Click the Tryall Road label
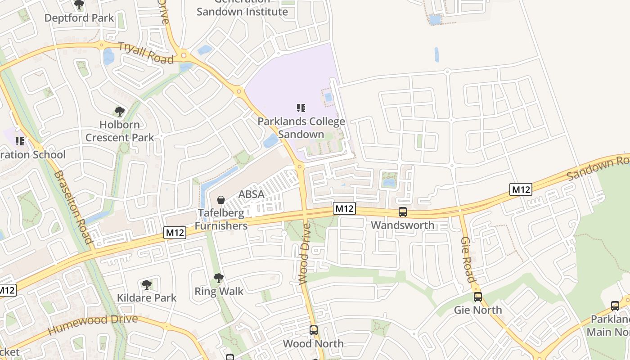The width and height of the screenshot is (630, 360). (x=145, y=53)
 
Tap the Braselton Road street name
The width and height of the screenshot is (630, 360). (x=73, y=207)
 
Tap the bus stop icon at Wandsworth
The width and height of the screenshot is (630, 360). (x=403, y=211)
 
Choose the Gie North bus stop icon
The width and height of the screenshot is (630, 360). (x=477, y=297)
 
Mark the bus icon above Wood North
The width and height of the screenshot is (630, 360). (x=314, y=330)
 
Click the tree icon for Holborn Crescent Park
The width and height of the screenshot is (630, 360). (x=119, y=111)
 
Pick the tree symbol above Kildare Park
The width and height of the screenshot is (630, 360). (x=146, y=284)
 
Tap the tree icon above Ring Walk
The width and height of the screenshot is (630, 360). (x=219, y=278)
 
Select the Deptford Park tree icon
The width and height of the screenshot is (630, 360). (x=79, y=5)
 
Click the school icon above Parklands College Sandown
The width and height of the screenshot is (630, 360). (x=301, y=108)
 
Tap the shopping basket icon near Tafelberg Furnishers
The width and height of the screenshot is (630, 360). (x=221, y=199)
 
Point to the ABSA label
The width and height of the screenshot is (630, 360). (x=251, y=194)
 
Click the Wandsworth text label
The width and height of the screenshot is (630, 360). (x=403, y=225)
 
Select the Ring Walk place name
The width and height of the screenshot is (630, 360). (x=219, y=291)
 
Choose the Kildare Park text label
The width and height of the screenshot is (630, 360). (x=147, y=297)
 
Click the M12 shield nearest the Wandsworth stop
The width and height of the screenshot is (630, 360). (x=345, y=208)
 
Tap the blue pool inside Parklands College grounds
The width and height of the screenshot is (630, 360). (x=328, y=97)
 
